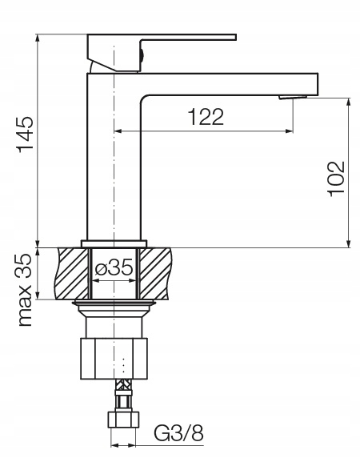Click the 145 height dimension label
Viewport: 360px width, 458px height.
tap(26, 135)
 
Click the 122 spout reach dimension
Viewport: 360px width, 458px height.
tap(206, 117)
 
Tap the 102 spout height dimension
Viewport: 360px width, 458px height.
tap(336, 179)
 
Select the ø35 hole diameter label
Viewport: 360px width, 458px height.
tap(114, 267)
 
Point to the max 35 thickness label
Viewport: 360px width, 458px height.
tap(25, 290)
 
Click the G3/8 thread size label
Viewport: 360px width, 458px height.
tap(178, 433)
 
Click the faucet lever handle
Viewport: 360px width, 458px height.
tap(162, 53)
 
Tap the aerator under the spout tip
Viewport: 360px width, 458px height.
tap(293, 98)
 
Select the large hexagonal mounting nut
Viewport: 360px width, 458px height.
tap(114, 359)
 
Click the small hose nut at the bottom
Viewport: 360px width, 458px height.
tap(123, 420)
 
